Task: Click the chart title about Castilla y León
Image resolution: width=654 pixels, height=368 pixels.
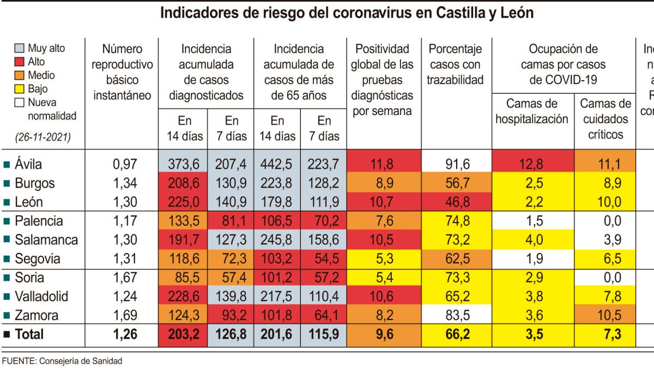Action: point(346,13)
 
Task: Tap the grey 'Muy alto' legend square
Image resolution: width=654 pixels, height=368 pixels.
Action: point(19,49)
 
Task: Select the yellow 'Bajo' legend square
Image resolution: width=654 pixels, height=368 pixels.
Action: point(19,89)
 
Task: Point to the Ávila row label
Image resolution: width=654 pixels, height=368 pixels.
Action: point(28,164)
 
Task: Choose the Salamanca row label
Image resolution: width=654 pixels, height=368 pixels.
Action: point(46,240)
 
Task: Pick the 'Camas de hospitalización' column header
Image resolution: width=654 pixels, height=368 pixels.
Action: point(532,111)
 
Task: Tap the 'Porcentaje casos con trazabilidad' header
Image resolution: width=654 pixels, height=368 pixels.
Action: point(455,65)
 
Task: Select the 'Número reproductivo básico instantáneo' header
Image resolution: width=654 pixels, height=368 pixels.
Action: point(122,73)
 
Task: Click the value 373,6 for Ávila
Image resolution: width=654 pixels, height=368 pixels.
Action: point(183,164)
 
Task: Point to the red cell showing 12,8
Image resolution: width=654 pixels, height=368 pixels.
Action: point(531,164)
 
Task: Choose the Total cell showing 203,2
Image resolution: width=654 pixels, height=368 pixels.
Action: point(183,334)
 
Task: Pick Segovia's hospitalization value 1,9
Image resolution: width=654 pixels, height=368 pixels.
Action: point(531,258)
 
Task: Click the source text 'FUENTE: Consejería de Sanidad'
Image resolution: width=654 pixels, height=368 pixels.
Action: point(62,361)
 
